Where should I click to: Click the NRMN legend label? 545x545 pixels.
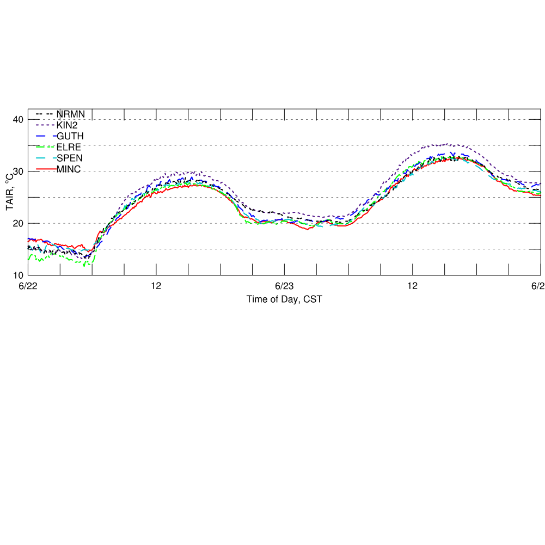point(70,114)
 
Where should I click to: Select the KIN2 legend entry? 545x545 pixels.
point(67,125)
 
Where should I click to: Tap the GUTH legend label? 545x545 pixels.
point(70,136)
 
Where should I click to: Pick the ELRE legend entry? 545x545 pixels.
point(69,146)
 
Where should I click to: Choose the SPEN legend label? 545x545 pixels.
point(69,158)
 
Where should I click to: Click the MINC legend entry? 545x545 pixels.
point(69,169)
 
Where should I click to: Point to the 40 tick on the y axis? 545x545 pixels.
point(18,120)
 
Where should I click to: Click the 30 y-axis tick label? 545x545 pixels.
point(18,172)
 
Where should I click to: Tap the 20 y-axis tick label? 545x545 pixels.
point(18,223)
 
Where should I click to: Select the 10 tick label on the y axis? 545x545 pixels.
point(18,275)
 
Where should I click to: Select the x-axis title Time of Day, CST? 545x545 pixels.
point(280,299)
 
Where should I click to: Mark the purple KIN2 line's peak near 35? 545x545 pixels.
point(446,144)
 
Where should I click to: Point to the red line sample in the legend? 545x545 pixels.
point(45,169)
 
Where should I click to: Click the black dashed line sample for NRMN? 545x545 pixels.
point(45,114)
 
